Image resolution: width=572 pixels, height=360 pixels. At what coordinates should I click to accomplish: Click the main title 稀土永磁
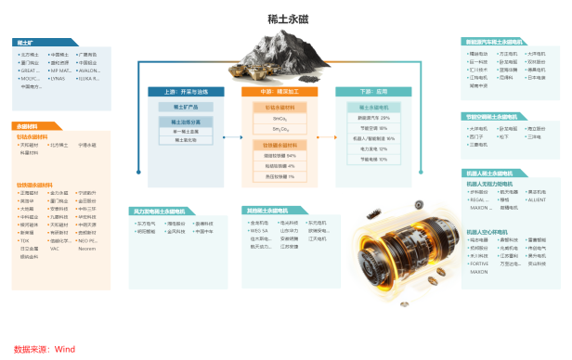[x=286, y=18]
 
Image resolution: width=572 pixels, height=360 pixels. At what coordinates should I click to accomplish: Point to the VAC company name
[x=55, y=249]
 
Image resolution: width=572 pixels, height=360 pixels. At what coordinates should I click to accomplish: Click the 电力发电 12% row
[x=373, y=148]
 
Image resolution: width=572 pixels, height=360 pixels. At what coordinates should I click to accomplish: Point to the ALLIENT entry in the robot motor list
[x=537, y=199]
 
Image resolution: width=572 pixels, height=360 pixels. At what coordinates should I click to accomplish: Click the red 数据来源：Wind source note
[x=44, y=349]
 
